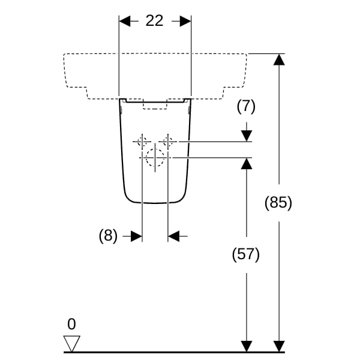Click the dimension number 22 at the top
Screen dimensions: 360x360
(155, 20)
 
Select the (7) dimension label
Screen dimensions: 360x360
(246, 107)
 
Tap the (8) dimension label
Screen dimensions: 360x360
(108, 236)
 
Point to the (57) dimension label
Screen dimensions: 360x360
(246, 254)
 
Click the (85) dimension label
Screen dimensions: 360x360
(278, 203)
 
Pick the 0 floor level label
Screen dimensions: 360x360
(71, 324)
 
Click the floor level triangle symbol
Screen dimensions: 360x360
(72, 343)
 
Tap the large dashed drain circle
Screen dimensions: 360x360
(155, 157)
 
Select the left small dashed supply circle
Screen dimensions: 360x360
(142, 142)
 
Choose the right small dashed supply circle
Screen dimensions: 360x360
(168, 142)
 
